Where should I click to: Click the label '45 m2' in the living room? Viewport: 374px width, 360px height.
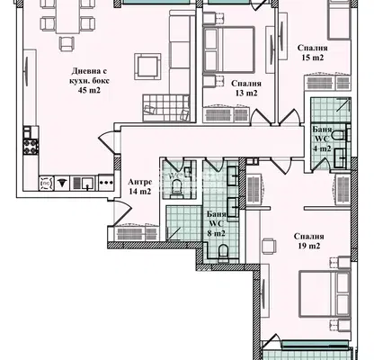point(89,90)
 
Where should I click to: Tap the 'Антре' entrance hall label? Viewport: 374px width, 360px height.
point(140,182)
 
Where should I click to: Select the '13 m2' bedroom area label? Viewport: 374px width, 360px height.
point(246,93)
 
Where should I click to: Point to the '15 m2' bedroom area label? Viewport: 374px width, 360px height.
point(313,58)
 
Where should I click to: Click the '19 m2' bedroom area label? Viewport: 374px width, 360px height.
point(309,246)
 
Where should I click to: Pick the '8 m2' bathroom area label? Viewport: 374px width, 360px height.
point(216,233)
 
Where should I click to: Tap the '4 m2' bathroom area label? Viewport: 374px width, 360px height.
point(322,148)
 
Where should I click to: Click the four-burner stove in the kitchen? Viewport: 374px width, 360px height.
point(31,147)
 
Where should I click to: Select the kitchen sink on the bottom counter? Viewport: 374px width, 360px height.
point(87,183)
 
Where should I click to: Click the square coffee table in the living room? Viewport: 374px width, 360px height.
point(147,67)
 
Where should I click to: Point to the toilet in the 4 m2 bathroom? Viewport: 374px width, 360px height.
point(340,136)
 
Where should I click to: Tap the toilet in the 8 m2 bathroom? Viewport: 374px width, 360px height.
point(223,252)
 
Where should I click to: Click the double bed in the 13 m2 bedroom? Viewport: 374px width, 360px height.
point(228,49)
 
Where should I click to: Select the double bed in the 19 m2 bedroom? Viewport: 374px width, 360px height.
point(325,294)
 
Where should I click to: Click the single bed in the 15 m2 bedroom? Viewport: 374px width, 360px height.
point(339,20)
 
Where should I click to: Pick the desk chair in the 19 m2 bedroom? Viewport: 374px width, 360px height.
point(269,246)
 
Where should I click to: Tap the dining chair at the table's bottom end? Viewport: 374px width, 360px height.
point(67,43)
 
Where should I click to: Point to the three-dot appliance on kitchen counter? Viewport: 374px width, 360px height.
point(106,183)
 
